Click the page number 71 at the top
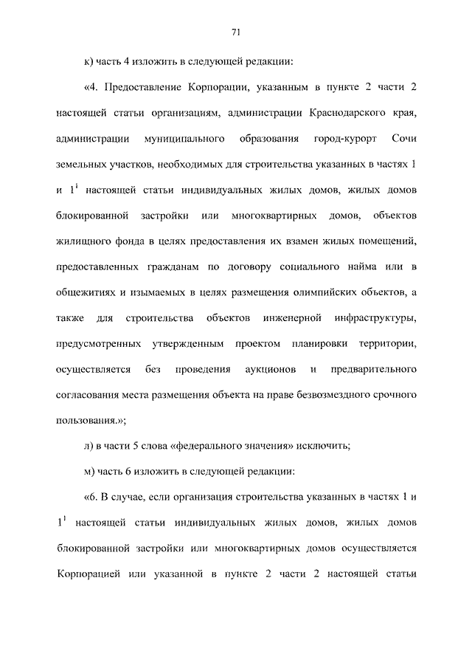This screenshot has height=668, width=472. point(236,32)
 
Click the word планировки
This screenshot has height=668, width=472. point(339,343)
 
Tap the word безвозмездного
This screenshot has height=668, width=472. point(340,394)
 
